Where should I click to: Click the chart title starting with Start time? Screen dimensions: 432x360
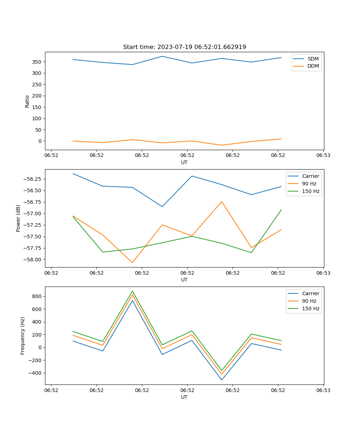pos(184,47)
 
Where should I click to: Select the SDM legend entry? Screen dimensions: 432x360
pos(313,59)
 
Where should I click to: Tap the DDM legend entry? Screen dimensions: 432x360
pos(313,66)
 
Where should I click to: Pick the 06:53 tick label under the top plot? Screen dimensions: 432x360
pos(323,156)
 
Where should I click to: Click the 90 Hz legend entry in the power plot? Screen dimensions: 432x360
pos(310,184)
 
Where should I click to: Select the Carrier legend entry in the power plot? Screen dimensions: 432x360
pos(310,176)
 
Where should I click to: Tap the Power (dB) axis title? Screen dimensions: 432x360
pos(18,218)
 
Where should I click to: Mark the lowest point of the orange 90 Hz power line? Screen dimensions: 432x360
pos(132,262)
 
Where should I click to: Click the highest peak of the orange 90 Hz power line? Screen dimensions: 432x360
pos(222,202)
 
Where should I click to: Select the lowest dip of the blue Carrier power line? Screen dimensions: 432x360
pos(162,207)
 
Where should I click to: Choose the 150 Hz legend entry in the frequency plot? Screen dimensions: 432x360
pos(311,309)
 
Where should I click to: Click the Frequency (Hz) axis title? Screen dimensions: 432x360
pos(23,336)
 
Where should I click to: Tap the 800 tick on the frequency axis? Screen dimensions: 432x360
pos(37,297)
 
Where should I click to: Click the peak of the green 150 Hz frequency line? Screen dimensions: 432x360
pos(132,291)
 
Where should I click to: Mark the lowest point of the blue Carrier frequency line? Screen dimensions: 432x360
pos(222,380)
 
